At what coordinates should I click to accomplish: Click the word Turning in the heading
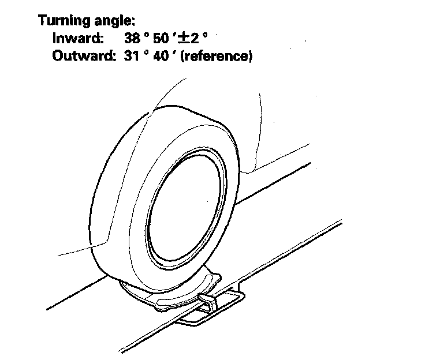coord(62,21)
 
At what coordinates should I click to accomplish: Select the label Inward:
coord(78,39)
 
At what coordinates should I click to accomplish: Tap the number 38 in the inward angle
coord(132,39)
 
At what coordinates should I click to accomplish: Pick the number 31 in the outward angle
coord(132,57)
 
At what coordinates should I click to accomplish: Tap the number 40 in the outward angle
coord(161,57)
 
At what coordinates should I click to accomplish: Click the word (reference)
coord(217,57)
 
